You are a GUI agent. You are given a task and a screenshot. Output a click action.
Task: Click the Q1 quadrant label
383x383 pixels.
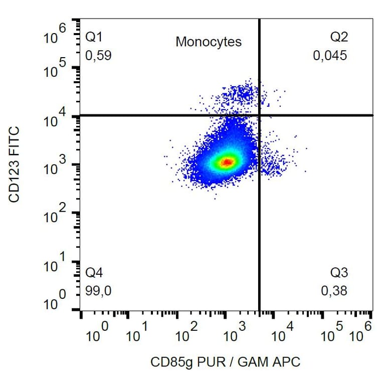coord(94,37)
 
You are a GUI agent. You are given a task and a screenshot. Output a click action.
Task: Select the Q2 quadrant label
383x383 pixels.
coord(338,37)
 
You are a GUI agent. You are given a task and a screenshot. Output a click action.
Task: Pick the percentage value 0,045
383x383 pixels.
coord(330,55)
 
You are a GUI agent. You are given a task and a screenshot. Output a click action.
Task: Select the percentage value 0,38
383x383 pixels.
coord(334,291)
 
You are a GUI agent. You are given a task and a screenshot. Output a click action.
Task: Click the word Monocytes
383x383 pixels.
coord(209,42)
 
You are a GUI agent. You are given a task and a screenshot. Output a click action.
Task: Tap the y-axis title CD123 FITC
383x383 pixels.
coord(15,164)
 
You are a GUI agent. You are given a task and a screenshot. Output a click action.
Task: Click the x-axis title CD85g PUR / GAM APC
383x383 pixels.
coord(226,361)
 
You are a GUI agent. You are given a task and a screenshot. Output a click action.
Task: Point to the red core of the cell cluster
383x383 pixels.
coord(227,162)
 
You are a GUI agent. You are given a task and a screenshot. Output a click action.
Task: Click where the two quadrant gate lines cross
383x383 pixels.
coord(259,115)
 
